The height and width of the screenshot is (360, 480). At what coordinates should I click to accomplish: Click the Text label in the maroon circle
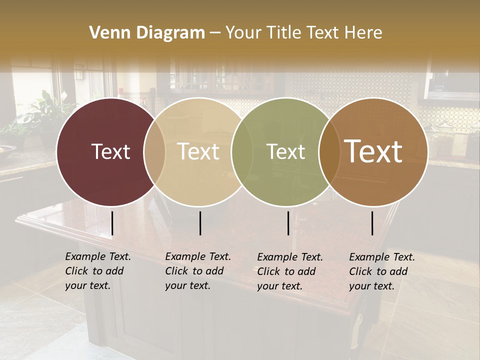(x=110, y=151)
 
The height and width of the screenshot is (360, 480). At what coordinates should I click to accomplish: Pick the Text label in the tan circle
(x=198, y=151)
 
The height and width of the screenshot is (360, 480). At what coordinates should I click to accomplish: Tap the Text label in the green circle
(x=286, y=151)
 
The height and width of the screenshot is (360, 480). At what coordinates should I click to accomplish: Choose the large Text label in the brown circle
(x=373, y=151)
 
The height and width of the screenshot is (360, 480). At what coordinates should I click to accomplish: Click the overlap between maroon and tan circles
(x=154, y=151)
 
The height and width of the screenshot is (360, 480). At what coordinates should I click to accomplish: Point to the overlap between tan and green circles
(x=242, y=151)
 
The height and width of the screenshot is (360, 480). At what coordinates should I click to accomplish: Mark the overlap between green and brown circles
(x=329, y=151)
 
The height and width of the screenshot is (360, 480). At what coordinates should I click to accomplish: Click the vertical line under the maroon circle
(x=112, y=223)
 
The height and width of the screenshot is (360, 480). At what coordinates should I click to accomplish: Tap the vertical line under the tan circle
(x=200, y=223)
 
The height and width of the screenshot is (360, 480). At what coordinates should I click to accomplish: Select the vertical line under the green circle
(x=288, y=223)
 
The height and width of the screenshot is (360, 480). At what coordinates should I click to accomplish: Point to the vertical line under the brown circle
(x=372, y=223)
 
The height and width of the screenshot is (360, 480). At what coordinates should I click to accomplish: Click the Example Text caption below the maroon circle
(x=98, y=271)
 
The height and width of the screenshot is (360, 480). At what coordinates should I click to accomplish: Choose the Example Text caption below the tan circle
(x=198, y=271)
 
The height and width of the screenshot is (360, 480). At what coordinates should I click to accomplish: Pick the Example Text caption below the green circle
(x=290, y=271)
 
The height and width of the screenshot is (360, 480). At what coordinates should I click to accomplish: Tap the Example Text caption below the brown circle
(x=382, y=271)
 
